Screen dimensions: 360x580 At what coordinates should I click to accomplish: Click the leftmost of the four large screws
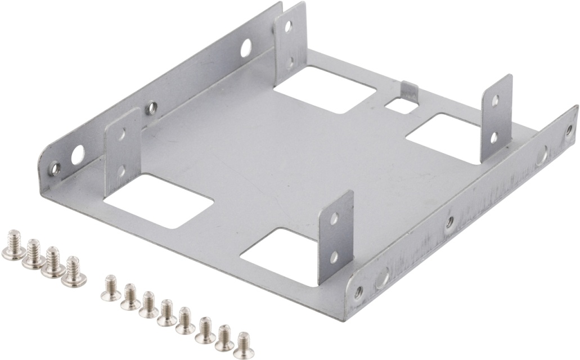[13, 247]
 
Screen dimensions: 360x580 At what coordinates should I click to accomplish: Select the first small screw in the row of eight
[110, 287]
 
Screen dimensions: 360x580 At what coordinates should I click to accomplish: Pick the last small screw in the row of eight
[243, 344]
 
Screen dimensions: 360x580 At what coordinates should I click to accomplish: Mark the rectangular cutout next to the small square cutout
[325, 89]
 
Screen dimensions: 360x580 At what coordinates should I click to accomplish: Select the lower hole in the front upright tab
[333, 257]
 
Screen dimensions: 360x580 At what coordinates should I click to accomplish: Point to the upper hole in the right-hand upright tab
[495, 101]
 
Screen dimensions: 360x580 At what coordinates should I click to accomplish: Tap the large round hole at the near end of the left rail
[77, 152]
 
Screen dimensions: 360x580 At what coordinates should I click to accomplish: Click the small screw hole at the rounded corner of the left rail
[55, 167]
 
